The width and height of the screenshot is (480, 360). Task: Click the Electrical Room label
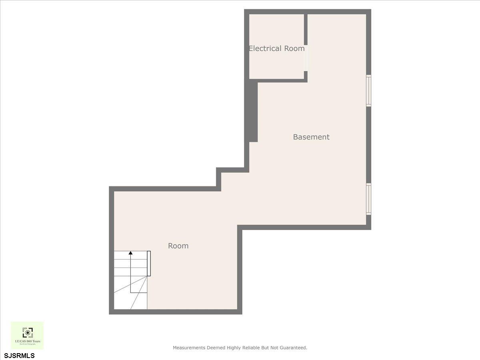pos(276,48)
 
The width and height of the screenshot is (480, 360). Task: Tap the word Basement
pos(311,137)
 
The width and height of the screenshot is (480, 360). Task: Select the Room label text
pos(178,246)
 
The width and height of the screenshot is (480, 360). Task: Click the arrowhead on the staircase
pos(130,253)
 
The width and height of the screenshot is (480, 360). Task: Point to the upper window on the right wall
pos(368,90)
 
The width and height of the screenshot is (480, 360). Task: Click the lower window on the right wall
pos(368,199)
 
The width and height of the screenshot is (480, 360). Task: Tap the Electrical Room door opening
pos(306,58)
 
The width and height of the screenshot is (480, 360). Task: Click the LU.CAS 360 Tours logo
pos(27,336)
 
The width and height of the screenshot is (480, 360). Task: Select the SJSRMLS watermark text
pos(20,355)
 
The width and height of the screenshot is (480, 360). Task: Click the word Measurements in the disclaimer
pos(189,348)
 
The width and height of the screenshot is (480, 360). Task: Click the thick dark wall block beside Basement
pos(252,111)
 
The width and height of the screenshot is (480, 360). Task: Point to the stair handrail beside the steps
pos(149,263)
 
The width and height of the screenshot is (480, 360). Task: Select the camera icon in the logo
pos(27,332)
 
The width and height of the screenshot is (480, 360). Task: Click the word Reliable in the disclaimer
pos(251,348)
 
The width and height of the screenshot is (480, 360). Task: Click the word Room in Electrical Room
pos(294,48)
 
